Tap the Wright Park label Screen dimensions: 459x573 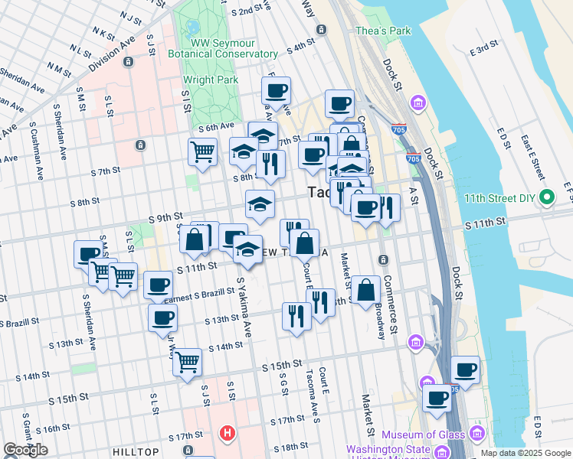pos(208,79)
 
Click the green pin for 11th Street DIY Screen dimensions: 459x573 pos(545,197)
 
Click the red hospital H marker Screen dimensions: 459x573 pos(226,434)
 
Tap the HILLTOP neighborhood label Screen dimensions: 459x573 pos(136,452)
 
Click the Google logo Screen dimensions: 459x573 pos(25,450)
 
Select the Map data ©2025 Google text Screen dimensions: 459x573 pos(526,453)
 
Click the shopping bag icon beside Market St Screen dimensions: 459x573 pos(366,290)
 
